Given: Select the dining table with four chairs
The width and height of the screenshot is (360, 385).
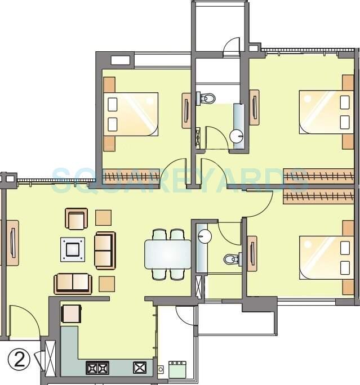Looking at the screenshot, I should click(x=168, y=254).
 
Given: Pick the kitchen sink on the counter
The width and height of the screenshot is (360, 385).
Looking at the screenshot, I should click(x=139, y=369).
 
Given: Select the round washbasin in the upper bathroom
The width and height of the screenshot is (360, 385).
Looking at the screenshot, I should click(x=238, y=135).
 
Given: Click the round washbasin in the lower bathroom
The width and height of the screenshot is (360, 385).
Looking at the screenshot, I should click(x=205, y=235).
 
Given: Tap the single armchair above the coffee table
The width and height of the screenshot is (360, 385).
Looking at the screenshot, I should click(x=77, y=219).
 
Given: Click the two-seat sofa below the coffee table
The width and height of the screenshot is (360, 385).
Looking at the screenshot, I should click(x=72, y=283).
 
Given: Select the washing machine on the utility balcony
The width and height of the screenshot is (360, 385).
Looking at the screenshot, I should click(x=177, y=369).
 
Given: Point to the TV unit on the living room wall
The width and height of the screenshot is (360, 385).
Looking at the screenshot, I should click(x=12, y=243).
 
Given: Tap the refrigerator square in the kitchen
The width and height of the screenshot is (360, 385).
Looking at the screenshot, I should click(x=72, y=314).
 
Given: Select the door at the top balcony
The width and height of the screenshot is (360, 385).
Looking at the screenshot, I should click(x=232, y=46).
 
